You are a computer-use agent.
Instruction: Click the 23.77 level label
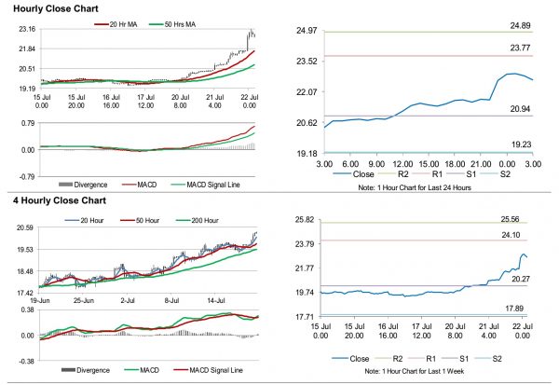(x=521, y=47)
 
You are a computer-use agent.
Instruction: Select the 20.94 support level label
(x=521, y=108)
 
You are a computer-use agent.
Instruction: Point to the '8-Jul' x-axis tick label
(x=171, y=301)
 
